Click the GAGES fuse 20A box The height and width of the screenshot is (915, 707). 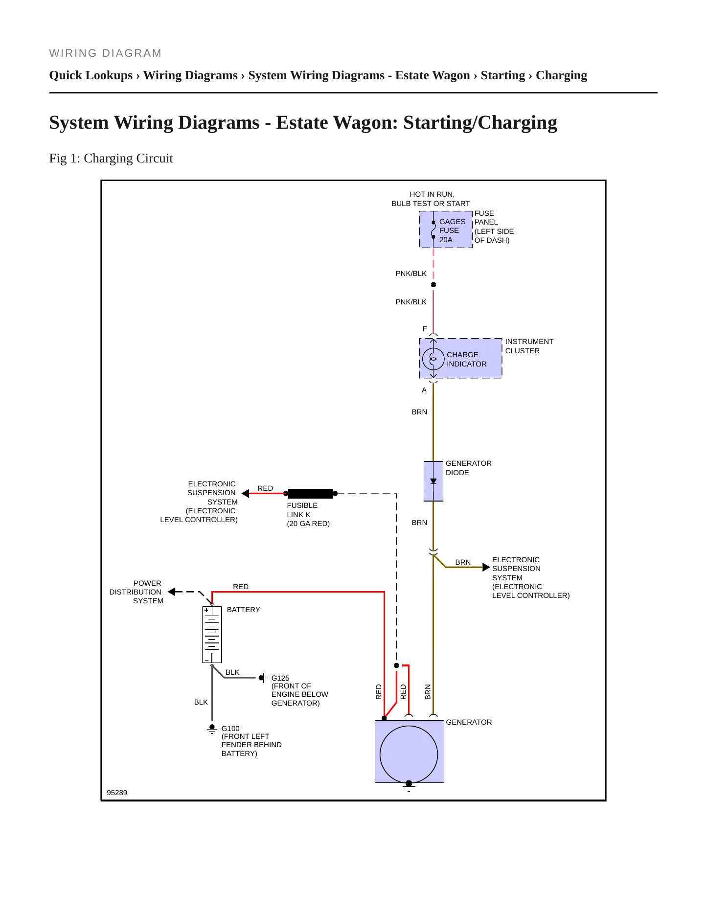tap(446, 229)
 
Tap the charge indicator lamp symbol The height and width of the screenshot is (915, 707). tap(433, 359)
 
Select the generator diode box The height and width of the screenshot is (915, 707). tap(433, 481)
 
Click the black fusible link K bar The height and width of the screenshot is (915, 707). tap(310, 493)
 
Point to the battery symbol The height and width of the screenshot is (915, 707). tap(212, 635)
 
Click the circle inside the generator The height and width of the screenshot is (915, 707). tap(409, 754)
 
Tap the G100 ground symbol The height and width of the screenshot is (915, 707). tap(212, 729)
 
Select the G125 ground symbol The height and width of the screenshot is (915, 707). tap(263, 678)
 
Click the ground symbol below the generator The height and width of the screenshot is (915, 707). tap(409, 786)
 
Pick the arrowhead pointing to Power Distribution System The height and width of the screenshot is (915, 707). tap(172, 592)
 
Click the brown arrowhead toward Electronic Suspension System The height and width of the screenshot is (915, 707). tap(486, 567)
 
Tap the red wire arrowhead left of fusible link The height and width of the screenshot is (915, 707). tap(246, 493)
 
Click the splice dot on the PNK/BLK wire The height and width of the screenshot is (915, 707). tap(433, 285)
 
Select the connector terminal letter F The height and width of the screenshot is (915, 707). tap(425, 329)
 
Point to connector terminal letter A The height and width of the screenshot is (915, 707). tap(424, 390)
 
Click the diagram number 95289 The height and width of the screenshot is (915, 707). tap(117, 793)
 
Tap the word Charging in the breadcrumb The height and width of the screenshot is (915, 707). tap(561, 75)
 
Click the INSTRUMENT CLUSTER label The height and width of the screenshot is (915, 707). tap(529, 346)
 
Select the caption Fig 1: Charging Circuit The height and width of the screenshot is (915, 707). tap(111, 158)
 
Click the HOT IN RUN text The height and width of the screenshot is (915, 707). tap(432, 194)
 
